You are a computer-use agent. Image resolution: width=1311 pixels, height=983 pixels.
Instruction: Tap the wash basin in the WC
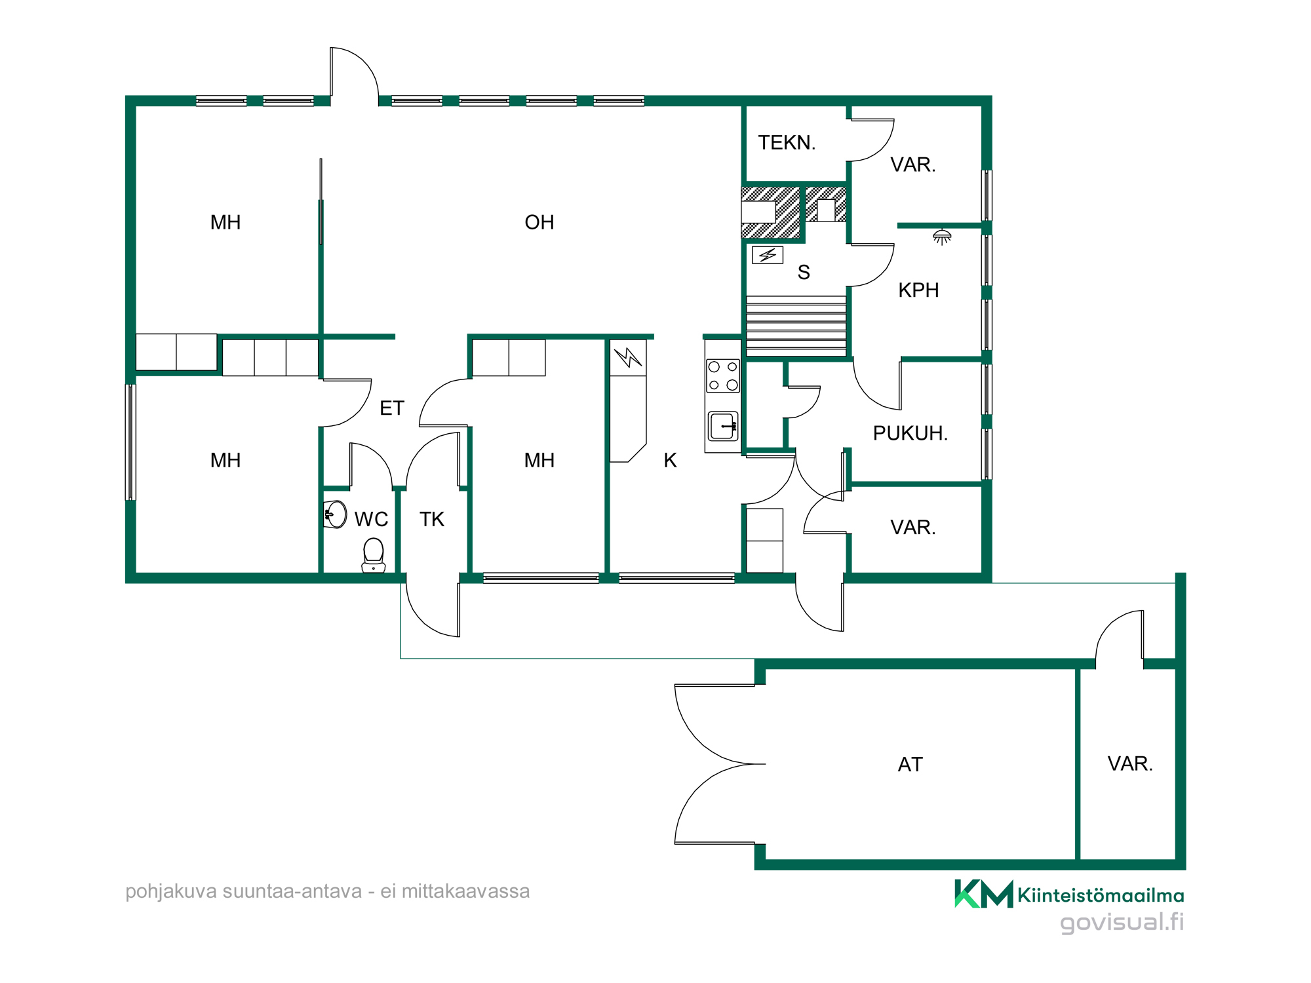(335, 514)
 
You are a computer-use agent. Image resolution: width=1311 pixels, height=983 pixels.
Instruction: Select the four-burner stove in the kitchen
(723, 376)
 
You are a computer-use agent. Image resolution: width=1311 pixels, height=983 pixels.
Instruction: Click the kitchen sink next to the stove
(723, 426)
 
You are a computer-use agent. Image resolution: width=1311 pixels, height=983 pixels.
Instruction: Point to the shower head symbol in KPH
(942, 237)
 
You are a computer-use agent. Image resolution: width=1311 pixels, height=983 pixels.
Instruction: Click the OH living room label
(539, 222)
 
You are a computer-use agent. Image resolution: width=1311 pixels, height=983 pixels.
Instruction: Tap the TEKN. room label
(787, 143)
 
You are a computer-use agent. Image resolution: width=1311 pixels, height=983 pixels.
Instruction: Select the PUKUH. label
(910, 433)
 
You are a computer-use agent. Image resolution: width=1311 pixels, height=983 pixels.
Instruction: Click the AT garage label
(910, 764)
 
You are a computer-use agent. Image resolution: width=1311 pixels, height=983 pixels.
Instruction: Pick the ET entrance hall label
(392, 408)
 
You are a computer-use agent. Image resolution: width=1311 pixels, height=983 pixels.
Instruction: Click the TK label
(432, 519)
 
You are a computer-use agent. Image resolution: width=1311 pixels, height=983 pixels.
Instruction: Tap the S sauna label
(804, 272)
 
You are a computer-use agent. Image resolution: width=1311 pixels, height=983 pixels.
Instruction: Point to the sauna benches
(796, 325)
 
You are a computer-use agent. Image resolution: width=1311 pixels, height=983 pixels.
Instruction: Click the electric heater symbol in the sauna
(768, 254)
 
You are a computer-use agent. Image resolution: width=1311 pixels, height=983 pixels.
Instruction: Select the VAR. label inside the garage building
(1130, 763)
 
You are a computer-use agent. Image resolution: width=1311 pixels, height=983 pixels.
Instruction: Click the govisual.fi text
(1122, 922)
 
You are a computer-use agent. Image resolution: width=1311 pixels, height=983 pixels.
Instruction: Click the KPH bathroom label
(918, 290)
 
